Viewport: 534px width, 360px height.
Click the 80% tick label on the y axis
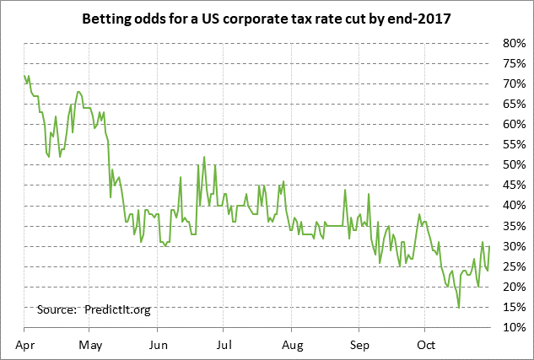tap(515, 43)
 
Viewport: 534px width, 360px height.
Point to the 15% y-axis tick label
tap(515, 307)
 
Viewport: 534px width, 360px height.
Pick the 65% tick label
tap(515, 104)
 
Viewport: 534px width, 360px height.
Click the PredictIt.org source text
tap(117, 309)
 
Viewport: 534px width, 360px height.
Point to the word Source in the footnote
tap(57, 309)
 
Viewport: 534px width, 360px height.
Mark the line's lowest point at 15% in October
tap(459, 307)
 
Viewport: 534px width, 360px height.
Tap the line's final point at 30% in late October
tap(489, 246)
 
